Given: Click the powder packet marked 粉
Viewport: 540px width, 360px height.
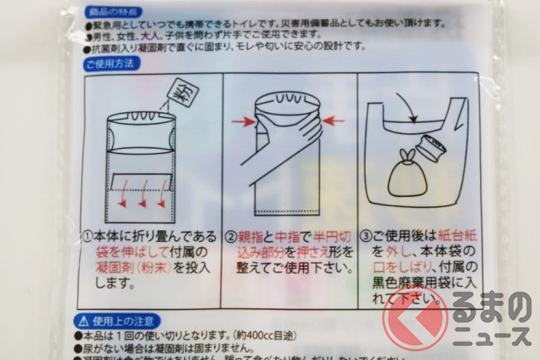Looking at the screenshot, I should [177, 93].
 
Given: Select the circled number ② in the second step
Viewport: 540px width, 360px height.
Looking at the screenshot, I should [233, 234].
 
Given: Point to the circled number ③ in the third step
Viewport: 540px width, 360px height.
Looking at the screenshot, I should [366, 235].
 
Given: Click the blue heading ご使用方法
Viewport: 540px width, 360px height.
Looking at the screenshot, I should [114, 63].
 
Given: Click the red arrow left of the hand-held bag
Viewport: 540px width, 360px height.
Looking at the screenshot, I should [243, 122].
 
